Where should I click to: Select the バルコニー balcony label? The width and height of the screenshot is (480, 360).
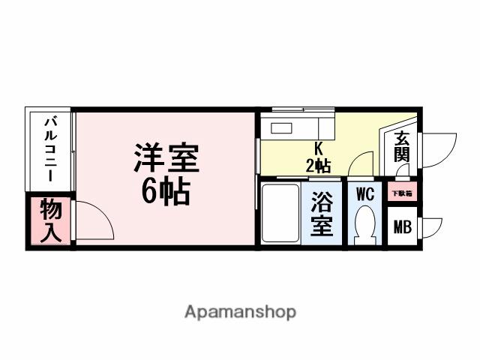click(49, 148)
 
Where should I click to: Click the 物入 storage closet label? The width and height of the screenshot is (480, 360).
click(50, 219)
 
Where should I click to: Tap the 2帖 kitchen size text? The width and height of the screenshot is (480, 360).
click(318, 165)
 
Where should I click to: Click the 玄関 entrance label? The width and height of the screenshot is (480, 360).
click(402, 148)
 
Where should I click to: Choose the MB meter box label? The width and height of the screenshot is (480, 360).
click(403, 226)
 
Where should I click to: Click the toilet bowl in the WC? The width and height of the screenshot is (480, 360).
click(366, 223)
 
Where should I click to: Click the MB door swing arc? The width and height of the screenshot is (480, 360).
click(433, 226)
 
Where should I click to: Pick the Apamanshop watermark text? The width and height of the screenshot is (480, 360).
click(240, 311)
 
